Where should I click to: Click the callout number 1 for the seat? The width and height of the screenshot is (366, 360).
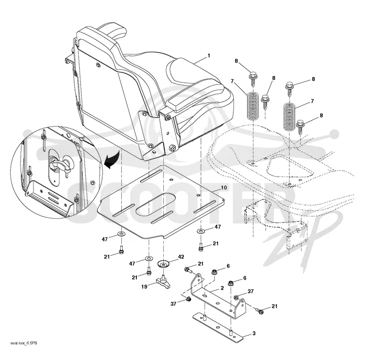[x=209, y=56]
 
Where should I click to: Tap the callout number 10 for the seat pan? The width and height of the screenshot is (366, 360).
[x=224, y=188]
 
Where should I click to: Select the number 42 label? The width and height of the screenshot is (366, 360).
[x=181, y=257]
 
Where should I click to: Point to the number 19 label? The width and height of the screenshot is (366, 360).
[x=144, y=286]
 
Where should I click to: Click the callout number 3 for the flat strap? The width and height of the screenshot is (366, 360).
[x=254, y=333]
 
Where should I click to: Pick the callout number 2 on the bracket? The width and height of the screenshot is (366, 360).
[x=222, y=288]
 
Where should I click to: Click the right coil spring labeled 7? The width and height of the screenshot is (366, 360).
[x=290, y=117]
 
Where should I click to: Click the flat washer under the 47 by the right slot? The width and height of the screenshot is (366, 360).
[x=201, y=231]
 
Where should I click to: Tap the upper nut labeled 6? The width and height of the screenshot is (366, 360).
[x=214, y=272]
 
